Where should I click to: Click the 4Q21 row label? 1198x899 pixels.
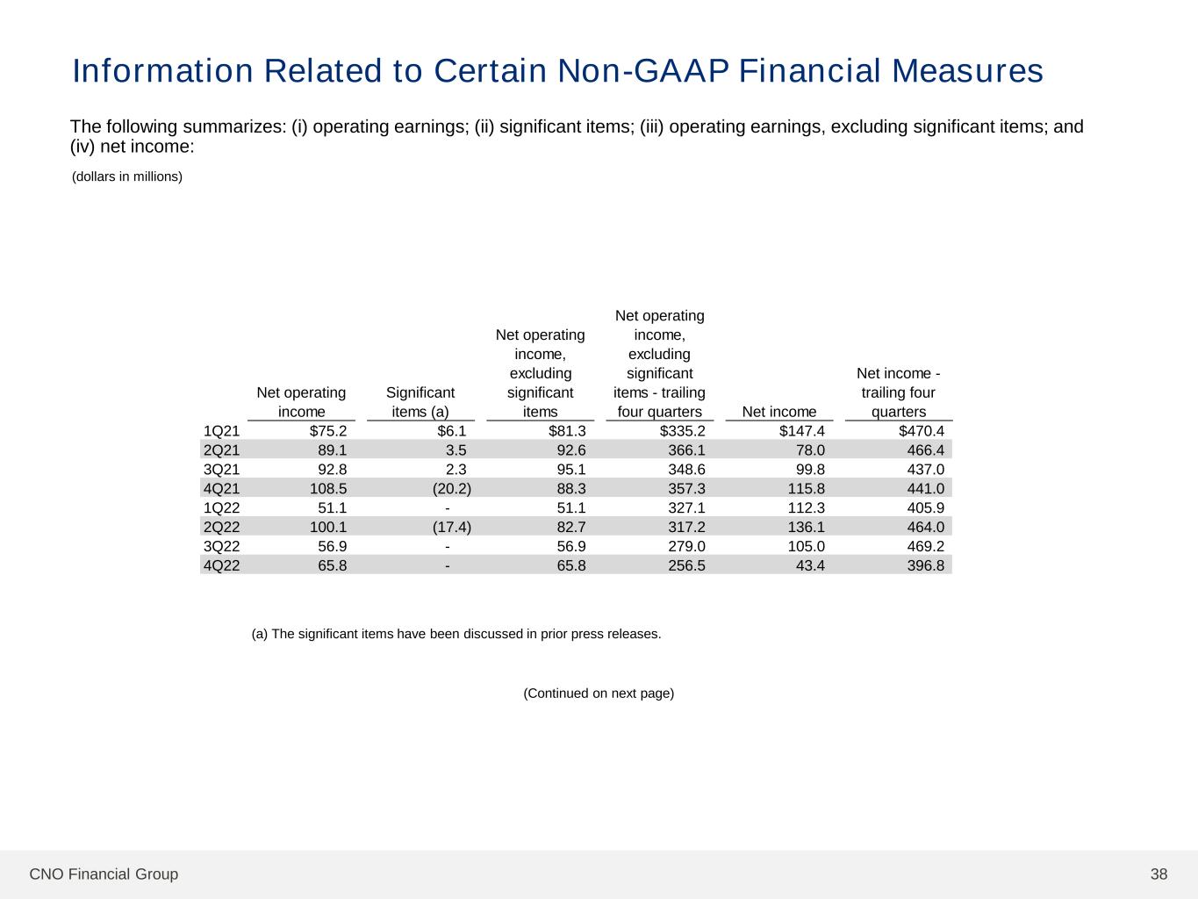(221, 488)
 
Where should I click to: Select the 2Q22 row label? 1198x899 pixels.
(221, 527)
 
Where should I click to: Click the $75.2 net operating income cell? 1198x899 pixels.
(328, 431)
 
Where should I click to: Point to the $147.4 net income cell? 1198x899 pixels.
(802, 431)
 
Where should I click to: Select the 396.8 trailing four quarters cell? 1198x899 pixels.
(926, 565)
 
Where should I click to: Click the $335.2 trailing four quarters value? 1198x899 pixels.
(683, 431)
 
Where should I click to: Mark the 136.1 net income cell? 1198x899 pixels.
(806, 527)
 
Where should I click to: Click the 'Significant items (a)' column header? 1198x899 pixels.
(420, 402)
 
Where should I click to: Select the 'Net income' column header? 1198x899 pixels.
(779, 412)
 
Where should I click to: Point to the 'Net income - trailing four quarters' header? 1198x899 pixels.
(898, 392)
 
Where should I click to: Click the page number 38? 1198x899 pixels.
(1159, 874)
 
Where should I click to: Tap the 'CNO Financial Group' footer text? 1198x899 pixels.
(104, 874)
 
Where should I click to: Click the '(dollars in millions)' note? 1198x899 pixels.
(127, 176)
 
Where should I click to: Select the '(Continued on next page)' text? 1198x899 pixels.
(599, 694)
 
